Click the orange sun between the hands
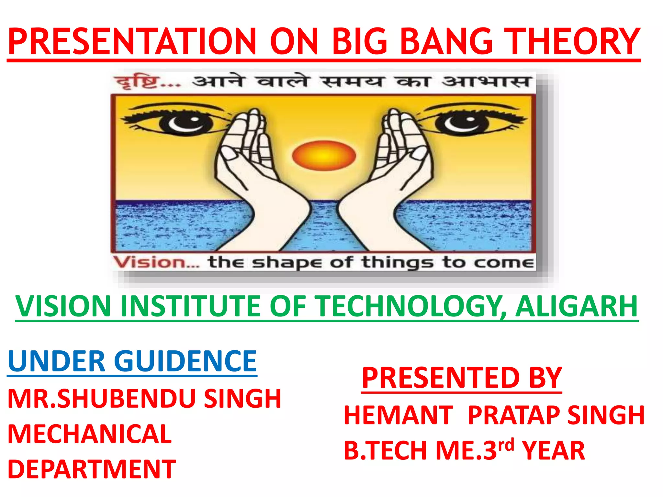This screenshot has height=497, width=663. click(324, 156)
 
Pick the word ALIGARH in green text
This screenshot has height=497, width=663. click(577, 306)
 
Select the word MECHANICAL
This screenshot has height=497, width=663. click(90, 434)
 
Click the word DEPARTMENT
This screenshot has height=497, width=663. click(92, 469)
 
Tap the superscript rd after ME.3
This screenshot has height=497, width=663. click(506, 445)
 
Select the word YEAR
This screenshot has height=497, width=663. click(554, 451)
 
